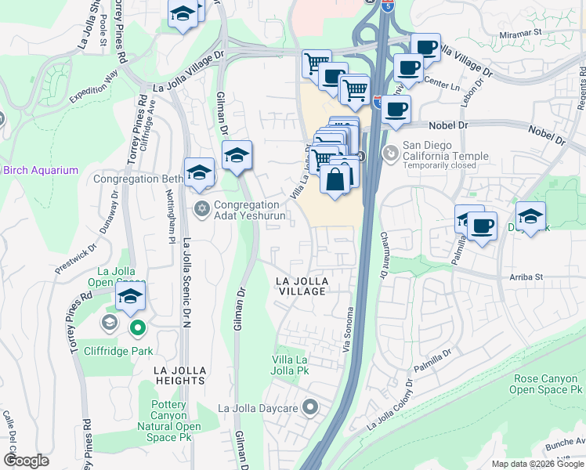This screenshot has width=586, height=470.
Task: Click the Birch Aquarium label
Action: pos(39,170)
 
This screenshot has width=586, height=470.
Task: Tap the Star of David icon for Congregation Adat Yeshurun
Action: pos(201,208)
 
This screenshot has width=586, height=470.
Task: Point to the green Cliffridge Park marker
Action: pos(138,329)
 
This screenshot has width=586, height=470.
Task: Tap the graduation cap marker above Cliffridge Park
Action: pos(131,297)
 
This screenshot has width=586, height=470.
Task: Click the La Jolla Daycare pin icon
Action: pos(311,407)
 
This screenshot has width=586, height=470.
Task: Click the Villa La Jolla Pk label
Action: pos(291,364)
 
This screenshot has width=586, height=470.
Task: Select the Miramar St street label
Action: pos(522,33)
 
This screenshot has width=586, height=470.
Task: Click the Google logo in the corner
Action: pos(26,461)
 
